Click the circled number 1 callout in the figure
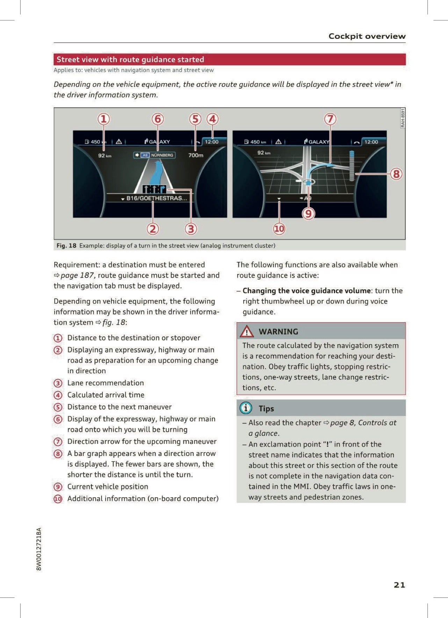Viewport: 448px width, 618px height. tap(103, 119)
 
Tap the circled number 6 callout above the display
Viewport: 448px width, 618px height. tap(158, 119)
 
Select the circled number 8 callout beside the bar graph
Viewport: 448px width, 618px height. tap(396, 174)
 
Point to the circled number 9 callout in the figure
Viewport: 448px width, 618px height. tap(308, 213)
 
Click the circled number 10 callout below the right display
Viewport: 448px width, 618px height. tap(279, 229)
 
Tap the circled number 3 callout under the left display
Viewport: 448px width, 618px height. tap(190, 229)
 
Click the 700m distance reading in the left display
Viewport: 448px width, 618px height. tap(196, 155)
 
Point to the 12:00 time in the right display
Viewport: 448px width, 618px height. tap(371, 142)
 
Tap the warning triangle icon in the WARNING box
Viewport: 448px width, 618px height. tap(247, 331)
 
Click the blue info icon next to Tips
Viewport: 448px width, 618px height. tap(246, 408)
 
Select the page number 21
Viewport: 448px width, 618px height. tap(399, 585)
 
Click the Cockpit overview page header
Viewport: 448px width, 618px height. tap(367, 36)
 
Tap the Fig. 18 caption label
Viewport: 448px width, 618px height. tap(66, 245)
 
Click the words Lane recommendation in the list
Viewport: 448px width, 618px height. tap(106, 383)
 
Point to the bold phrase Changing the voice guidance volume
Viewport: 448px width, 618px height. tap(306, 290)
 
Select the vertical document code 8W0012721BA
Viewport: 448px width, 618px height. tap(39, 549)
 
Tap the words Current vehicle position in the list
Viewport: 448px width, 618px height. tap(108, 487)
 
